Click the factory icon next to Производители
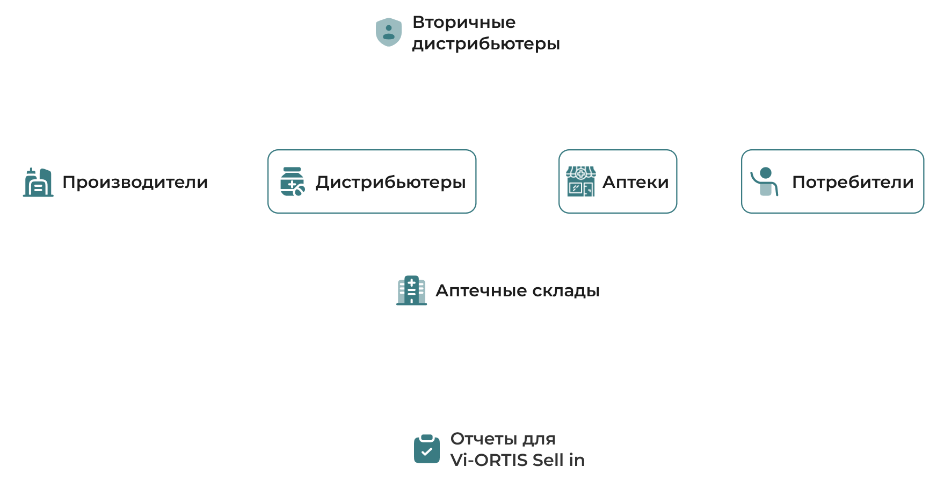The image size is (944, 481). tap(39, 183)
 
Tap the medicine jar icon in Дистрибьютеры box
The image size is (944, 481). tap(292, 181)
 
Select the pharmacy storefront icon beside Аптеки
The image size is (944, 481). tap(580, 181)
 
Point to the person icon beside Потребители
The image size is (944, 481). tap(765, 181)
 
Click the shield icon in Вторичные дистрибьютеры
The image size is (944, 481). tap(389, 32)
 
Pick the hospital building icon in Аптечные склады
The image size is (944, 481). tap(411, 290)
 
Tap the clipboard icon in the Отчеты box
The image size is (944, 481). tap(427, 449)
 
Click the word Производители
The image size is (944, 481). tap(135, 183)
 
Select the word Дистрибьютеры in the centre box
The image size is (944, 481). tap(390, 183)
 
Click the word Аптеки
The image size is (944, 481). tap(635, 183)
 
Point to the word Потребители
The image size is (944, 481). tap(853, 183)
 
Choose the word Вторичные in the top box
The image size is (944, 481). tap(464, 23)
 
